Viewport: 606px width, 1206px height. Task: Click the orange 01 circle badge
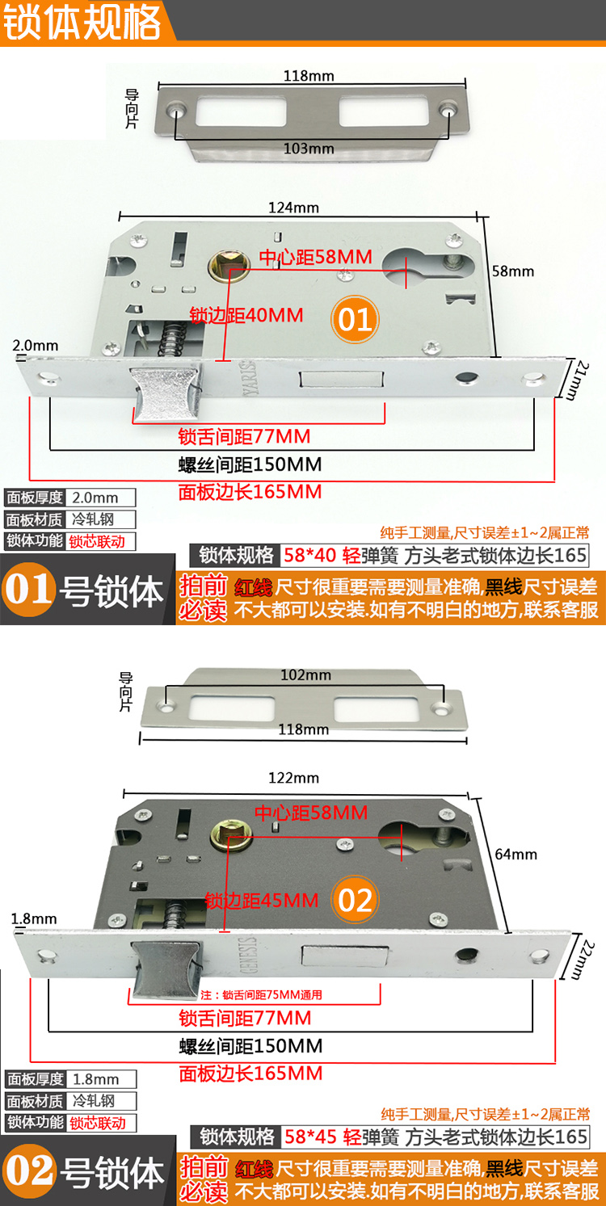pyautogui.click(x=354, y=319)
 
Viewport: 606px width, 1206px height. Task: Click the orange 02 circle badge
pyautogui.click(x=356, y=900)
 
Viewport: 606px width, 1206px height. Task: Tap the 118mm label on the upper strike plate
pyautogui.click(x=309, y=76)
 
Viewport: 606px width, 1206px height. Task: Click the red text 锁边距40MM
pyautogui.click(x=246, y=314)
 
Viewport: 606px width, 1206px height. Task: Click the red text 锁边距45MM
pyautogui.click(x=262, y=899)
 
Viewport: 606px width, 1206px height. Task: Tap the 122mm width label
pyautogui.click(x=293, y=778)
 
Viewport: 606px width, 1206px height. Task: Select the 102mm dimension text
pyautogui.click(x=305, y=675)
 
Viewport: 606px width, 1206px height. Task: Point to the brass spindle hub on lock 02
pyautogui.click(x=226, y=834)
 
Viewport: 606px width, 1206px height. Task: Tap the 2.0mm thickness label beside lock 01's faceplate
pyautogui.click(x=36, y=346)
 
